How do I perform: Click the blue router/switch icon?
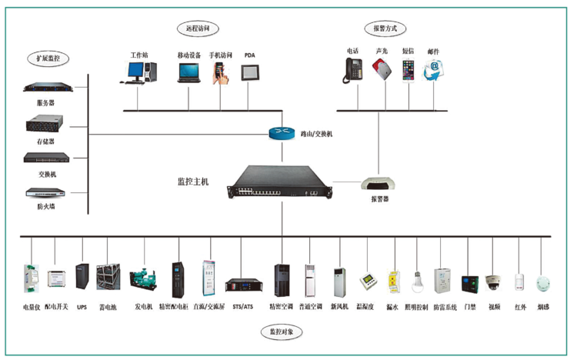[x=282, y=133]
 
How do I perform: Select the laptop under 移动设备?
[x=188, y=72]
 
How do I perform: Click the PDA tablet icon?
[x=250, y=72]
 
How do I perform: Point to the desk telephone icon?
[x=353, y=70]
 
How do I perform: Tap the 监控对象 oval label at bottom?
[x=282, y=332]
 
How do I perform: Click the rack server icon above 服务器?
[x=45, y=88]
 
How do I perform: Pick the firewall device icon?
[x=45, y=193]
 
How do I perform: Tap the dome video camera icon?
[x=493, y=282]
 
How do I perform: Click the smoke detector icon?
[x=543, y=282]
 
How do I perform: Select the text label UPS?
[x=82, y=307]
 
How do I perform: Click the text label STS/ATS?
[x=242, y=307]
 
